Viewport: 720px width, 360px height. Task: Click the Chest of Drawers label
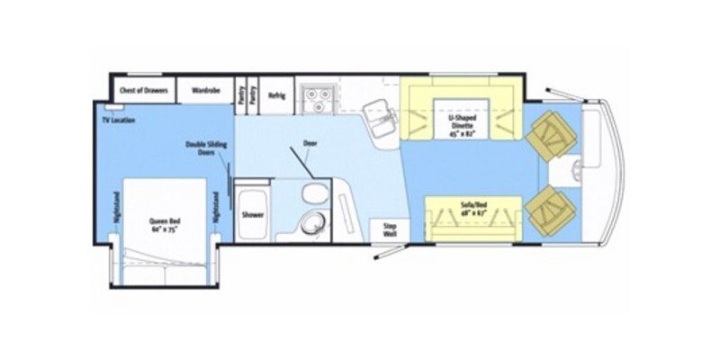point(141,91)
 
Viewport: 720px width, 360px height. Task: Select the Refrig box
point(276,94)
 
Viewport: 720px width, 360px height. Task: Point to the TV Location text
point(117,120)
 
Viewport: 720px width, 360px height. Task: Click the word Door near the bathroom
point(310,143)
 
